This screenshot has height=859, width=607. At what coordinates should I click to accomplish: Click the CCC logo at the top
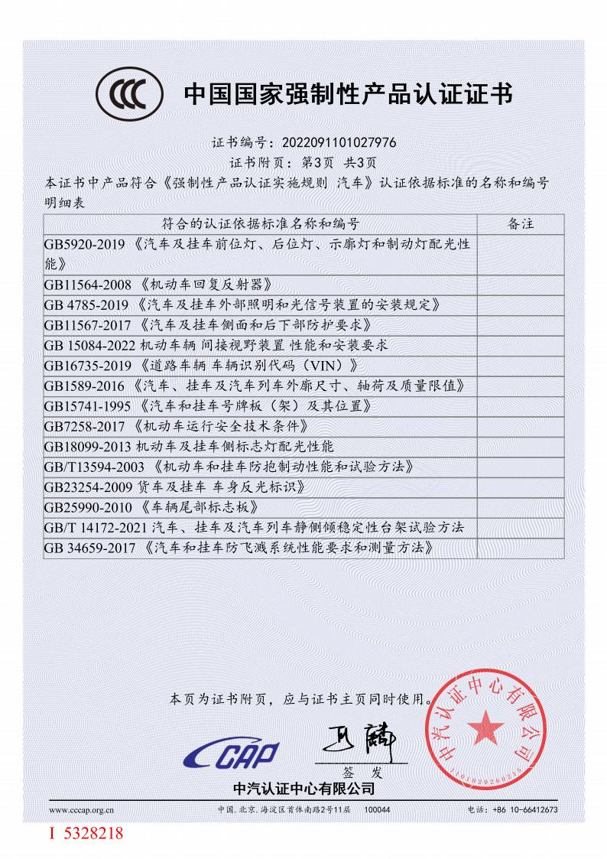pos(129,96)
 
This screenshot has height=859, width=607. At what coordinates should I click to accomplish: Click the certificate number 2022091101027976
pos(339,142)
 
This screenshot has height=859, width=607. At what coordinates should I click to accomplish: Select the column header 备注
pos(520,224)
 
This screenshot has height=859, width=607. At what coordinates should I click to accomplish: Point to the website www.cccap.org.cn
pos(82,809)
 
